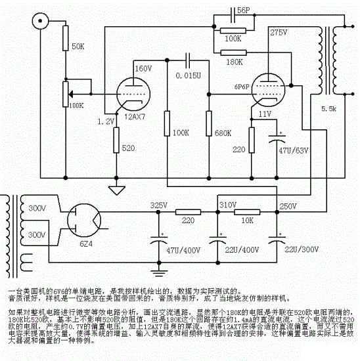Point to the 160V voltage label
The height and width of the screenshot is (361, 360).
143,68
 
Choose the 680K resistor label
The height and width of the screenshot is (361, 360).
224,133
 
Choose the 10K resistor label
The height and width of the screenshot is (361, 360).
247,221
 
